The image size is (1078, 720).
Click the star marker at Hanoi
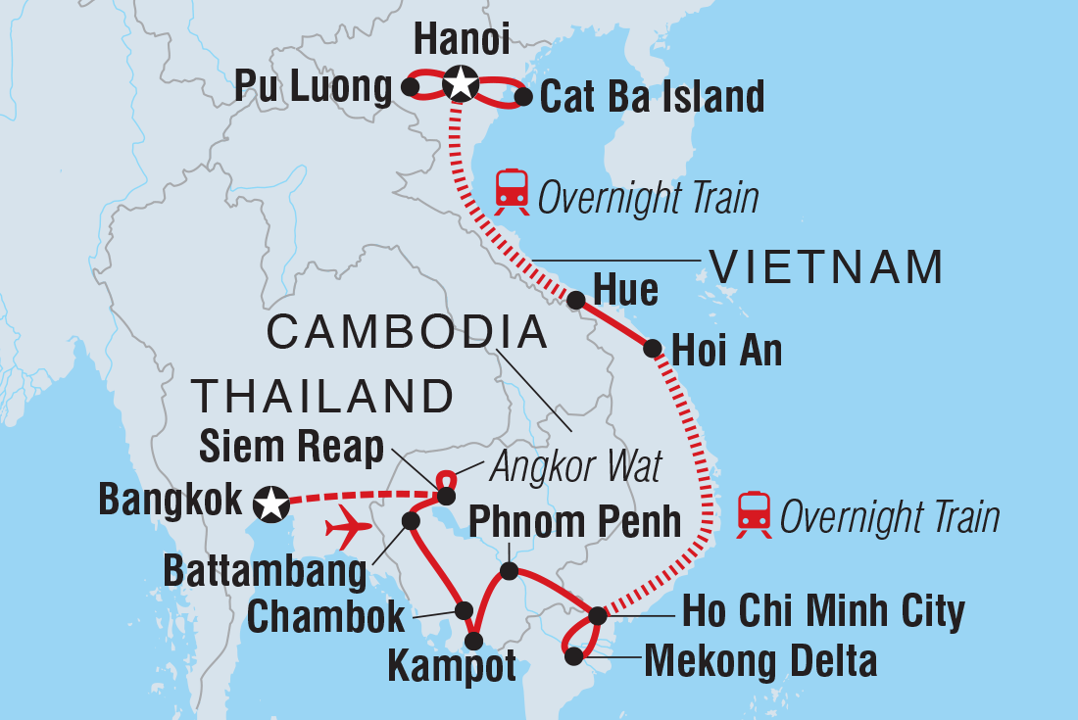point(459,85)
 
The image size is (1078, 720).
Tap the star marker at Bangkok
point(269,504)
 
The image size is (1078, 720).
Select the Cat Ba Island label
point(652,97)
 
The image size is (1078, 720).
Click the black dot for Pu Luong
point(412,88)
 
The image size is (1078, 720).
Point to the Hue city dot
point(576,300)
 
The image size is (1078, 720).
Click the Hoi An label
point(726,351)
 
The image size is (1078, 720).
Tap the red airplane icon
point(348,528)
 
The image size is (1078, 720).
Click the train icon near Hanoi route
point(512,191)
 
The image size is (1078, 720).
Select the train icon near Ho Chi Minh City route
point(754,514)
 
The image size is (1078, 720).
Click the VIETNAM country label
point(826,267)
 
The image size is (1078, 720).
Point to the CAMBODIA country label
point(407,333)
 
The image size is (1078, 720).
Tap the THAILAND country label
point(322,397)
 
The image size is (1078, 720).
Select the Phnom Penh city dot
point(509,570)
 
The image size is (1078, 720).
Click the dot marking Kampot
point(473,642)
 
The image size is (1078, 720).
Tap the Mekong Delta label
point(759,662)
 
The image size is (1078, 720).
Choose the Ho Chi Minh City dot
point(598,616)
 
